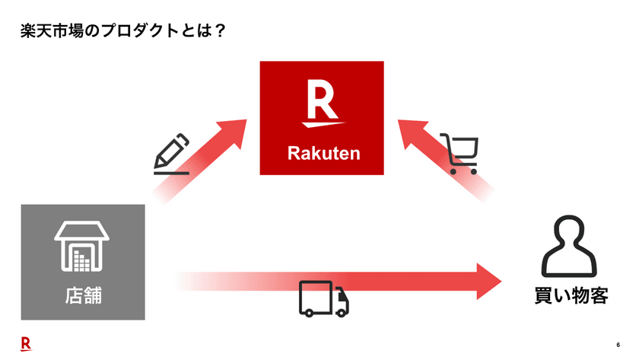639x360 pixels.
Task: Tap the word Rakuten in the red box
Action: [x=323, y=154]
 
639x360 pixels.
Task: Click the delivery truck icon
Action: [x=323, y=298]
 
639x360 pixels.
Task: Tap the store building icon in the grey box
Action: [x=82, y=247]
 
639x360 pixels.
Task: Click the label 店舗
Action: [x=82, y=295]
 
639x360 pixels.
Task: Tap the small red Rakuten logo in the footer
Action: [x=26, y=343]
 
